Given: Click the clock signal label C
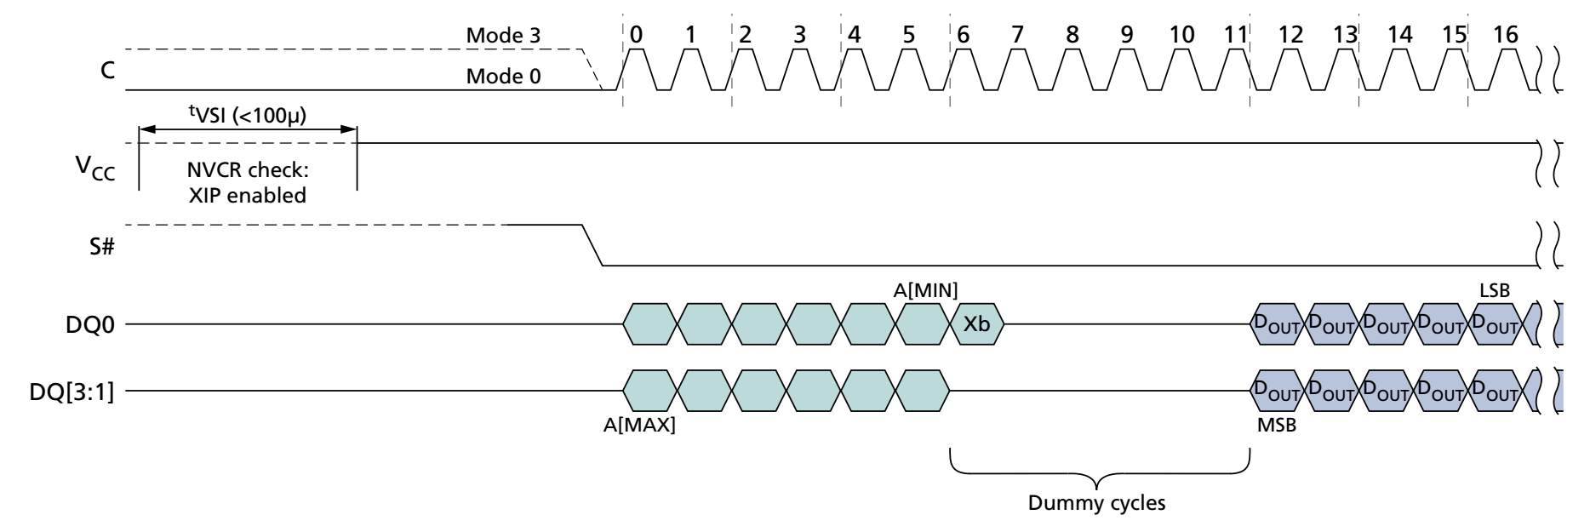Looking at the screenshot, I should click(x=107, y=70).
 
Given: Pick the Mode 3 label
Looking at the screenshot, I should click(x=503, y=36).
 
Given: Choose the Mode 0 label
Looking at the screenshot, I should click(x=503, y=77).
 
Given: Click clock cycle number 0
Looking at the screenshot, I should click(x=638, y=35).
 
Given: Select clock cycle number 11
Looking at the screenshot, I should click(x=1234, y=35).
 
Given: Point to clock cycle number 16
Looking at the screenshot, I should click(x=1505, y=35).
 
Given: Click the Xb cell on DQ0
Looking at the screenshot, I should click(x=976, y=324).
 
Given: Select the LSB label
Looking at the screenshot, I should click(x=1495, y=291).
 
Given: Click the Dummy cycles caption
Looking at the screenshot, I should click(x=1096, y=503).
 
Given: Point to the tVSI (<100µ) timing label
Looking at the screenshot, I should click(x=247, y=113).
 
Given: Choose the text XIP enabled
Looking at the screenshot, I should click(x=247, y=195).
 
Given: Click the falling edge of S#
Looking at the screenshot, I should click(x=592, y=245).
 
